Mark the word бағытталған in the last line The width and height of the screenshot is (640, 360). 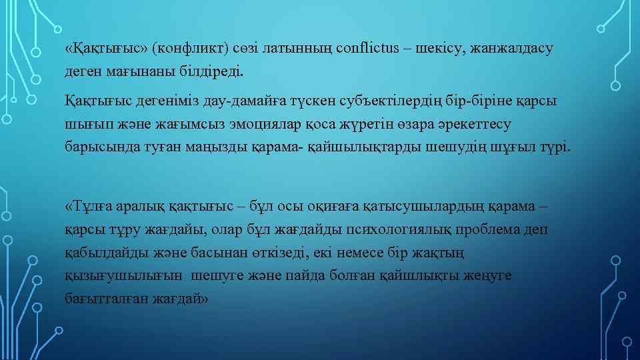click(102, 298)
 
